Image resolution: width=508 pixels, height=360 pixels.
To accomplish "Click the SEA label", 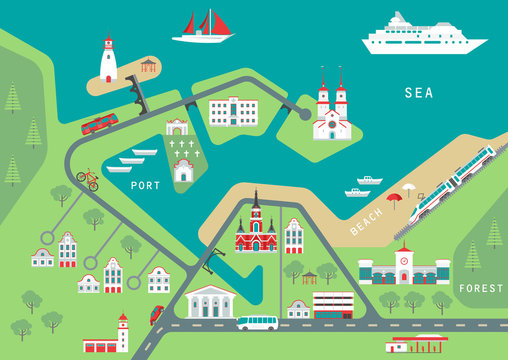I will (419, 93).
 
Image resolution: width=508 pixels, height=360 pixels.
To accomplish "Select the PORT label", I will (145, 185).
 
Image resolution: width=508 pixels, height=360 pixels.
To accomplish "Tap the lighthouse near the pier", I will (108, 60).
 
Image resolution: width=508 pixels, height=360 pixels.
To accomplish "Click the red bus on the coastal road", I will (99, 124).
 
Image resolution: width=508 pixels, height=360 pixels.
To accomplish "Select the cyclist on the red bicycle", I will (88, 179).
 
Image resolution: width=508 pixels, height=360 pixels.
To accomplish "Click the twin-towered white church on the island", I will (331, 111).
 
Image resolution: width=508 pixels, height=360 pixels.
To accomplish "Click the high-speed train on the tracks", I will (455, 180).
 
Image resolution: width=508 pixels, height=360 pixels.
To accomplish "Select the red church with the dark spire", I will (256, 229).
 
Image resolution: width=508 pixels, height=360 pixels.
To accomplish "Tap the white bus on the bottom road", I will (257, 323).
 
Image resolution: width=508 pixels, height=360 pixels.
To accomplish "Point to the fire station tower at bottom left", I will (122, 333).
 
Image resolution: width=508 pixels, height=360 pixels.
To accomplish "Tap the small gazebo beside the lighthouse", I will (149, 66).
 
